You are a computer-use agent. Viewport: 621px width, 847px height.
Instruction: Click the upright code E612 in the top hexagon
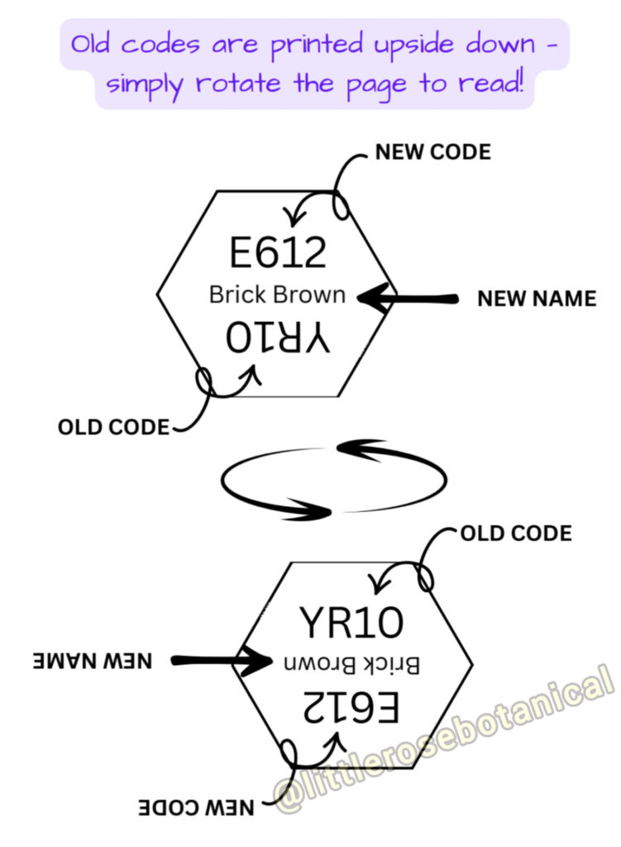click(278, 252)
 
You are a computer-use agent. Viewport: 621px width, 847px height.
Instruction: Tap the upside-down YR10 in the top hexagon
click(278, 339)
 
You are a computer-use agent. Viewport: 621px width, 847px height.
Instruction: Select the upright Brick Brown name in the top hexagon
click(277, 294)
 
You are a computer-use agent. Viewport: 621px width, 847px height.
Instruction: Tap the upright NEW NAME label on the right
click(537, 298)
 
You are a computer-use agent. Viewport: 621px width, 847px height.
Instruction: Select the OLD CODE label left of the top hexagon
click(113, 428)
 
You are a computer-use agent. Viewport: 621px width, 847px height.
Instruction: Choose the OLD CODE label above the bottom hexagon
click(515, 534)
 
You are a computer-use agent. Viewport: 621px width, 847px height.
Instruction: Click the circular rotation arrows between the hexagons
click(334, 480)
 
